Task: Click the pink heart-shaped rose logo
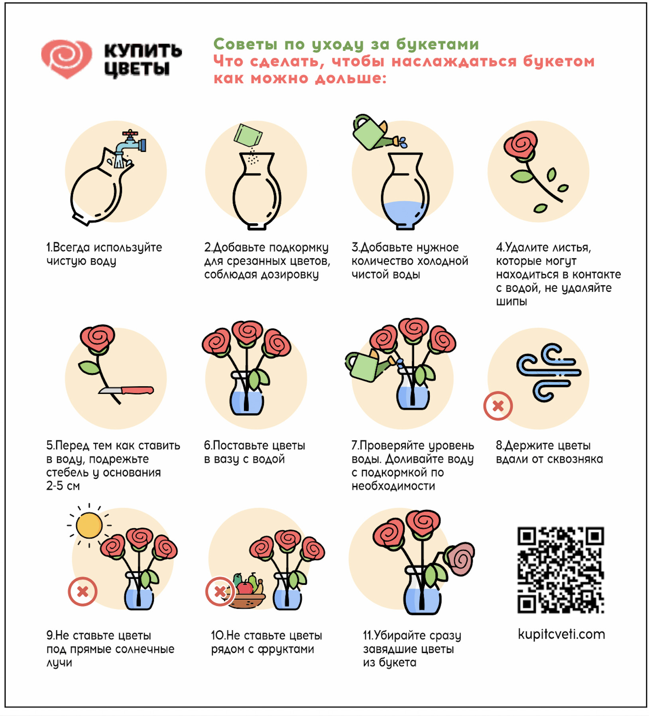pyautogui.click(x=67, y=58)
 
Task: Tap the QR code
pyautogui.click(x=560, y=570)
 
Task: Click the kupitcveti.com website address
pyautogui.click(x=561, y=634)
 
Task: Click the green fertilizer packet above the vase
pyautogui.click(x=248, y=136)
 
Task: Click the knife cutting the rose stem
pyautogui.click(x=126, y=390)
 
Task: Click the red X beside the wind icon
pyautogui.click(x=498, y=406)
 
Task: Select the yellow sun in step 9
pyautogui.click(x=89, y=525)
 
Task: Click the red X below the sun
pyautogui.click(x=83, y=591)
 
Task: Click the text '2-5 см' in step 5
pyautogui.click(x=63, y=486)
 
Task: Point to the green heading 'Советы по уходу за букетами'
pyautogui.click(x=346, y=44)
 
